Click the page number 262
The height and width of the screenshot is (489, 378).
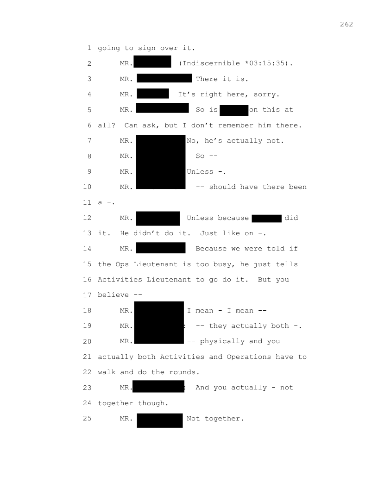346,24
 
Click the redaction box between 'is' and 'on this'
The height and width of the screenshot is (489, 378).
234,110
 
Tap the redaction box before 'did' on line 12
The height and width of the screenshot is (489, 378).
266,218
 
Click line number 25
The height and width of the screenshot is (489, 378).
87,419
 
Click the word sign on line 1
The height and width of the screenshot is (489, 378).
147,48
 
